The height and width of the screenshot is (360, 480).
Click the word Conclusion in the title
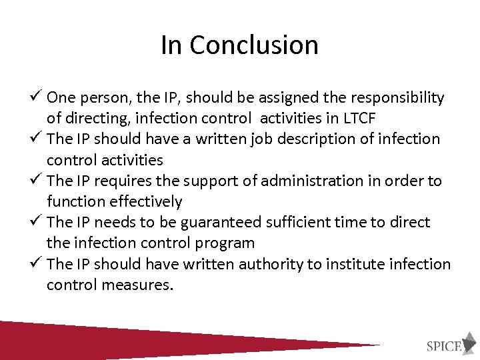pyautogui.click(x=253, y=45)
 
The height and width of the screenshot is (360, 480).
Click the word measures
pyautogui.click(x=141, y=285)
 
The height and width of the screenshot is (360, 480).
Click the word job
pyautogui.click(x=258, y=139)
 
